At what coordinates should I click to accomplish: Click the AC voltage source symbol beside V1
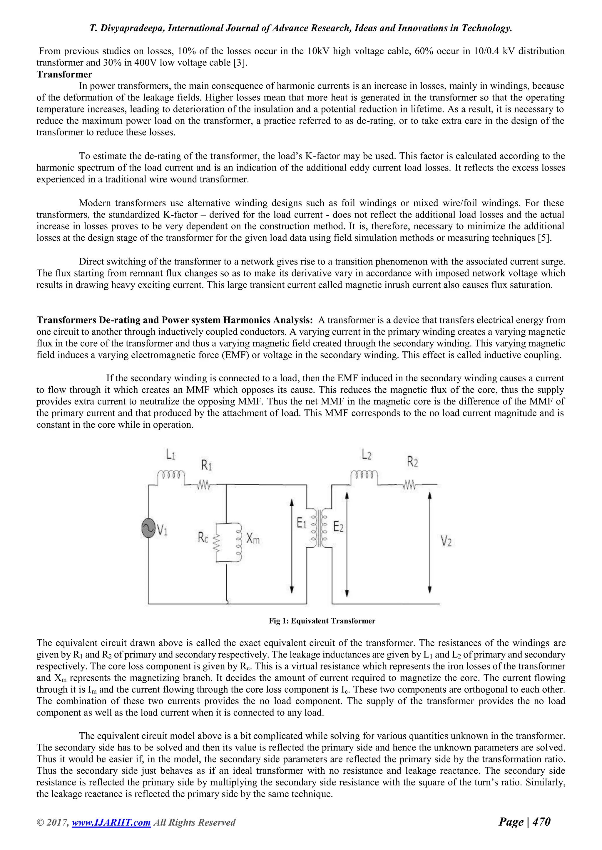[149, 528]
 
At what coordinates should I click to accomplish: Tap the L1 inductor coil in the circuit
[171, 475]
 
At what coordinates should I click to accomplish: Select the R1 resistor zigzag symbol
[203, 485]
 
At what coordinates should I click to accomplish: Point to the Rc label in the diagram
[203, 538]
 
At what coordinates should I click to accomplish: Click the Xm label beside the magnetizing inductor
[253, 539]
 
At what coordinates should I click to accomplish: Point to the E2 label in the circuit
[338, 527]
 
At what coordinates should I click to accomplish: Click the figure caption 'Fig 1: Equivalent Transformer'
[322, 621]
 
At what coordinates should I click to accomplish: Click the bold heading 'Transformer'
[64, 75]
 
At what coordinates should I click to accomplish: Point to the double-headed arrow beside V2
[430, 542]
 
